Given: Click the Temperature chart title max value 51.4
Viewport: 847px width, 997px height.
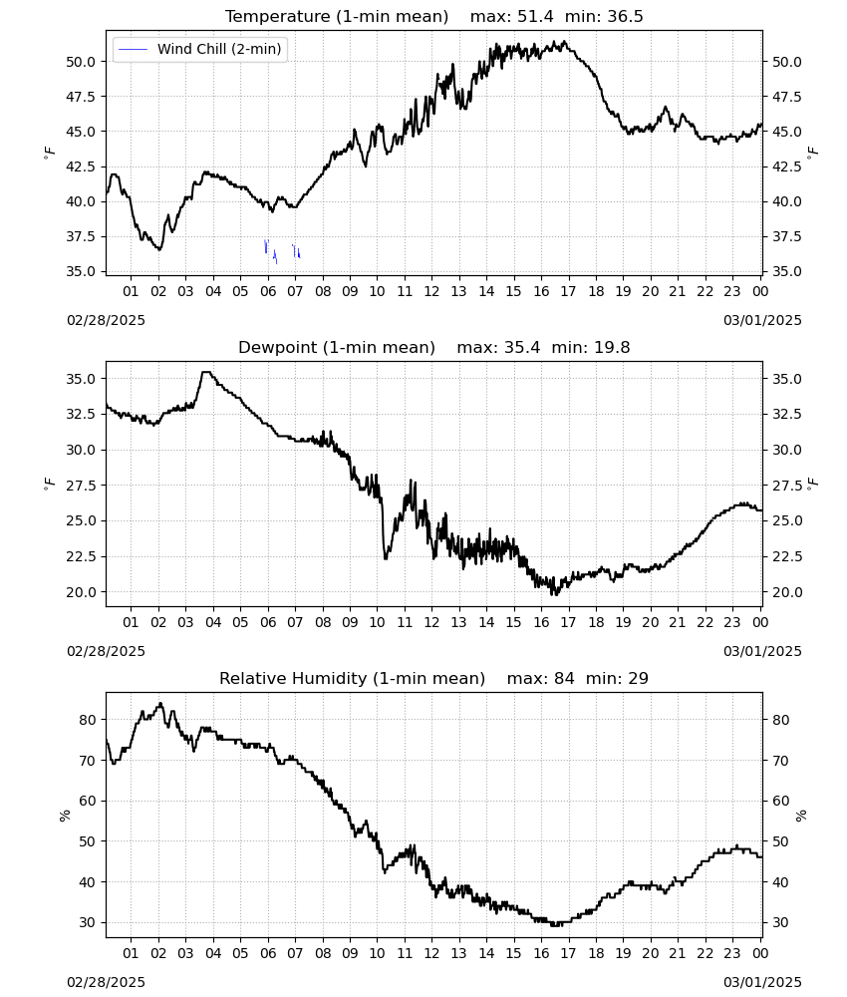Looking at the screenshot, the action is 535,17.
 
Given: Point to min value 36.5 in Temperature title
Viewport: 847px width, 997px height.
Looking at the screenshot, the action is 625,17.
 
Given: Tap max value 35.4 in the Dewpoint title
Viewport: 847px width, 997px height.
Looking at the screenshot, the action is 522,348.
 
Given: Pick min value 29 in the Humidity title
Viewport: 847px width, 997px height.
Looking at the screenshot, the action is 639,678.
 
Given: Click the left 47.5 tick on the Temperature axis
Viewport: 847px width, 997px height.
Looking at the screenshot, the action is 82,97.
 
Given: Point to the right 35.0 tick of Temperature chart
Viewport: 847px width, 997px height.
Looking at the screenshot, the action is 787,271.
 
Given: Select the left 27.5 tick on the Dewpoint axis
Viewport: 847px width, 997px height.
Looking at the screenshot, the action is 82,486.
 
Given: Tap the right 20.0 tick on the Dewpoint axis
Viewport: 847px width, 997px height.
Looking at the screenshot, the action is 787,592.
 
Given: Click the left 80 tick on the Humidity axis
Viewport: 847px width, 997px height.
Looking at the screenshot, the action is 88,720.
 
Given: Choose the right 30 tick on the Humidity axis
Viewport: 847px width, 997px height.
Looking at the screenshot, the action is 780,922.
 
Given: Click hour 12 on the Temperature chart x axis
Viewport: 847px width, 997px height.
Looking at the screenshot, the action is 432,292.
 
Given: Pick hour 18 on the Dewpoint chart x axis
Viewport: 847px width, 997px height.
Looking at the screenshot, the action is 596,622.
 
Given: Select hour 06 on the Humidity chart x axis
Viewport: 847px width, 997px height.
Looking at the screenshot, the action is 268,954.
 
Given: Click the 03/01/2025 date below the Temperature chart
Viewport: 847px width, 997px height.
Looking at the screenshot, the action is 762,320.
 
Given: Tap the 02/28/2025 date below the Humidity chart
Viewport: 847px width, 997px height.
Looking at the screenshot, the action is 106,982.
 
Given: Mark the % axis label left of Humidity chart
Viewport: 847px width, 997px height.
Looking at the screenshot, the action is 64,816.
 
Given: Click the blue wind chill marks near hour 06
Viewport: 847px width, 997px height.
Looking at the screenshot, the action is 270,251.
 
